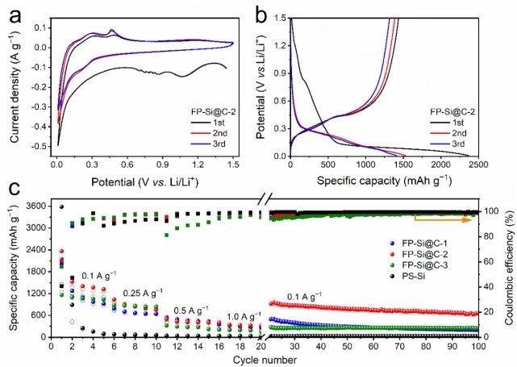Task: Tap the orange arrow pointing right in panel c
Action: (x=443, y=218)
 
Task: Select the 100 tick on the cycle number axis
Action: (x=478, y=346)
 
